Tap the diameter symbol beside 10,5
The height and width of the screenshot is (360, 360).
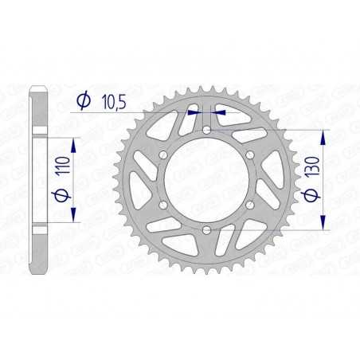(x=83, y=101)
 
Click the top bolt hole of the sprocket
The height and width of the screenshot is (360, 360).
(x=206, y=129)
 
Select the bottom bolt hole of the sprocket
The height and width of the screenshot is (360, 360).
(x=206, y=230)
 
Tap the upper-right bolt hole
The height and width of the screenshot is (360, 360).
(x=250, y=155)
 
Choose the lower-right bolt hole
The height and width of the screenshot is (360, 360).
(x=250, y=205)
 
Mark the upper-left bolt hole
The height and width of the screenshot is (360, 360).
(x=162, y=155)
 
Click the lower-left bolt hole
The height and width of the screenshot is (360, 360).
(x=162, y=205)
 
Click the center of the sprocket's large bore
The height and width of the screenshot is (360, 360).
(x=206, y=180)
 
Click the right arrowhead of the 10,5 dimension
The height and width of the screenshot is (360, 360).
(x=220, y=112)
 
